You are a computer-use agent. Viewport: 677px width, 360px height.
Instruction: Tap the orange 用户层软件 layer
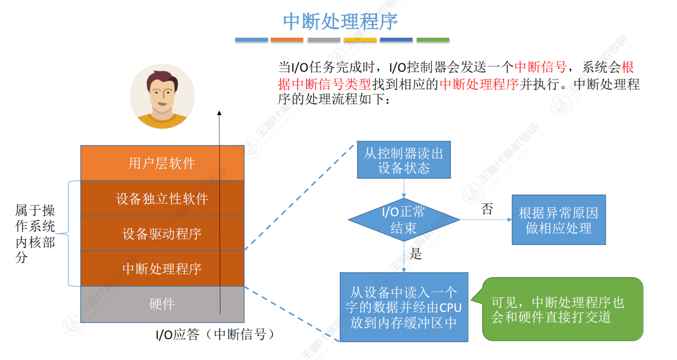click(x=162, y=163)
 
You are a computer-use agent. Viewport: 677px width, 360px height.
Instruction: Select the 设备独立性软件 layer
click(x=162, y=199)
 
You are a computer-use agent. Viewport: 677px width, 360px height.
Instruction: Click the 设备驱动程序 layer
click(x=162, y=234)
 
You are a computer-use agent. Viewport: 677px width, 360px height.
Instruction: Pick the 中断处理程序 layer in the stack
click(x=162, y=269)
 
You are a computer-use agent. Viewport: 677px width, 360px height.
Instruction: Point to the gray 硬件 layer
click(x=162, y=304)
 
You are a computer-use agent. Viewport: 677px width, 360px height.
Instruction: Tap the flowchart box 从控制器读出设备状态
click(x=403, y=160)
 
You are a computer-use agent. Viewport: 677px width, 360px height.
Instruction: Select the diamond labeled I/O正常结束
click(x=404, y=220)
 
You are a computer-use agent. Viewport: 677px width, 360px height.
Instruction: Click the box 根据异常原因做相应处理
click(x=558, y=220)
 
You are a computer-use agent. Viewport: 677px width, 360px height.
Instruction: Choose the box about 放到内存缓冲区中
click(x=404, y=307)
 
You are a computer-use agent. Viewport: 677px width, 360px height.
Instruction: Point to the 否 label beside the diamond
click(x=487, y=209)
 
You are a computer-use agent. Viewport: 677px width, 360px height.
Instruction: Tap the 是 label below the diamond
click(x=416, y=255)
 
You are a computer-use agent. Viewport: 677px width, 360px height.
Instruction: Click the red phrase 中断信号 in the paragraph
click(x=540, y=67)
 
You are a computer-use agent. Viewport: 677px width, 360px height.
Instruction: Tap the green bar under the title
click(x=432, y=40)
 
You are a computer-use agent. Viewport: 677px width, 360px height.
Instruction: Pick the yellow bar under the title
click(x=360, y=40)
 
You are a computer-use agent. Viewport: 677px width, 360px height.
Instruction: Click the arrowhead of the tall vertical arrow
click(x=219, y=113)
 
